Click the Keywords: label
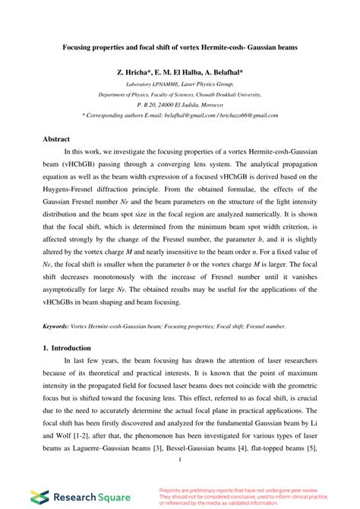pyautogui.click(x=58, y=325)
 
